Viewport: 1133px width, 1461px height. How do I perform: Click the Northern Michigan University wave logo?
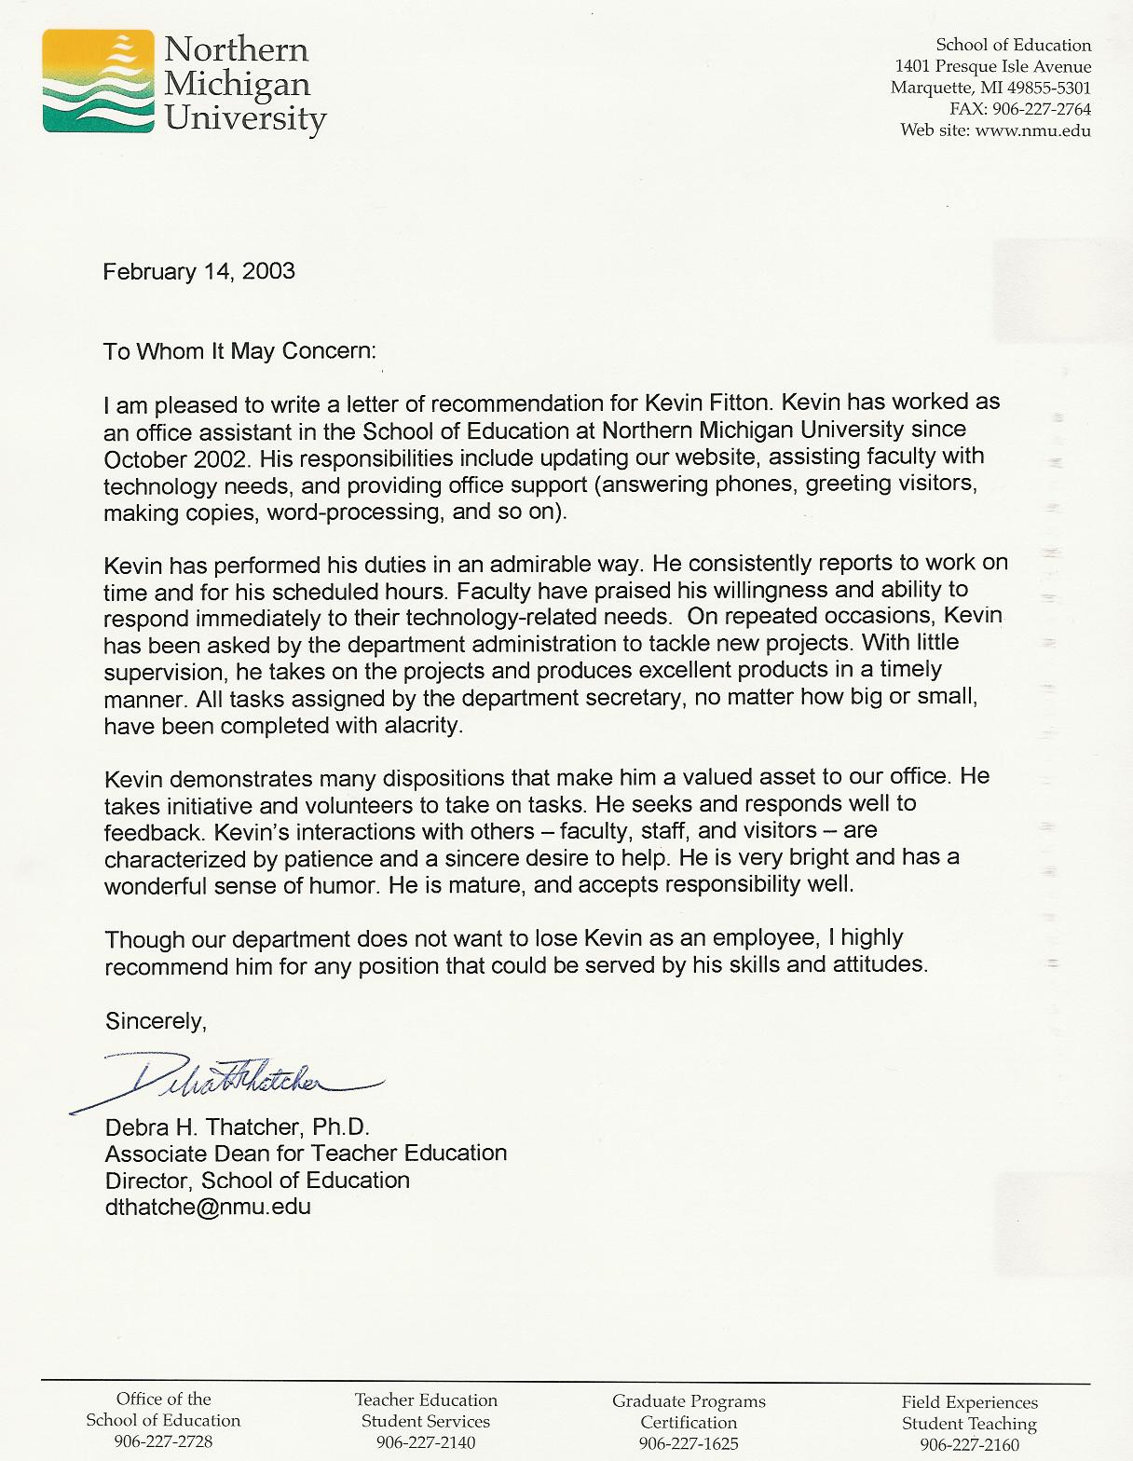[98, 80]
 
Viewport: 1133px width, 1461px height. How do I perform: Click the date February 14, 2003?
[198, 271]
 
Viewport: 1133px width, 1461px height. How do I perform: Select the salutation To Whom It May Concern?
[240, 351]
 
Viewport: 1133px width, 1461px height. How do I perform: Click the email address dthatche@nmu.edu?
[208, 1207]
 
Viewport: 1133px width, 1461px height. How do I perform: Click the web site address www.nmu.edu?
[1032, 130]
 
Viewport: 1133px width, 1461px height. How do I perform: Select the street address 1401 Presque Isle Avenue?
[992, 66]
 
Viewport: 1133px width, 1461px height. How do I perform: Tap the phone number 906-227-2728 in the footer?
[163, 1441]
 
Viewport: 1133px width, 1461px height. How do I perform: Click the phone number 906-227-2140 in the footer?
[426, 1442]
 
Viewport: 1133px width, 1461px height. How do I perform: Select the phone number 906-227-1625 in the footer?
[689, 1443]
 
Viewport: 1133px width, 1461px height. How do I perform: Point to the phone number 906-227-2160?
[969, 1444]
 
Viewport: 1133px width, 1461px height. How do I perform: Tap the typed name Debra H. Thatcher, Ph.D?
[238, 1127]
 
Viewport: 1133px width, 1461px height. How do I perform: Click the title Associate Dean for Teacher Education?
[306, 1154]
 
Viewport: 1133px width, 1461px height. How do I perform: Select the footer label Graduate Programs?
[689, 1401]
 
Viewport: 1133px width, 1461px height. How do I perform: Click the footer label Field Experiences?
[969, 1402]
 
